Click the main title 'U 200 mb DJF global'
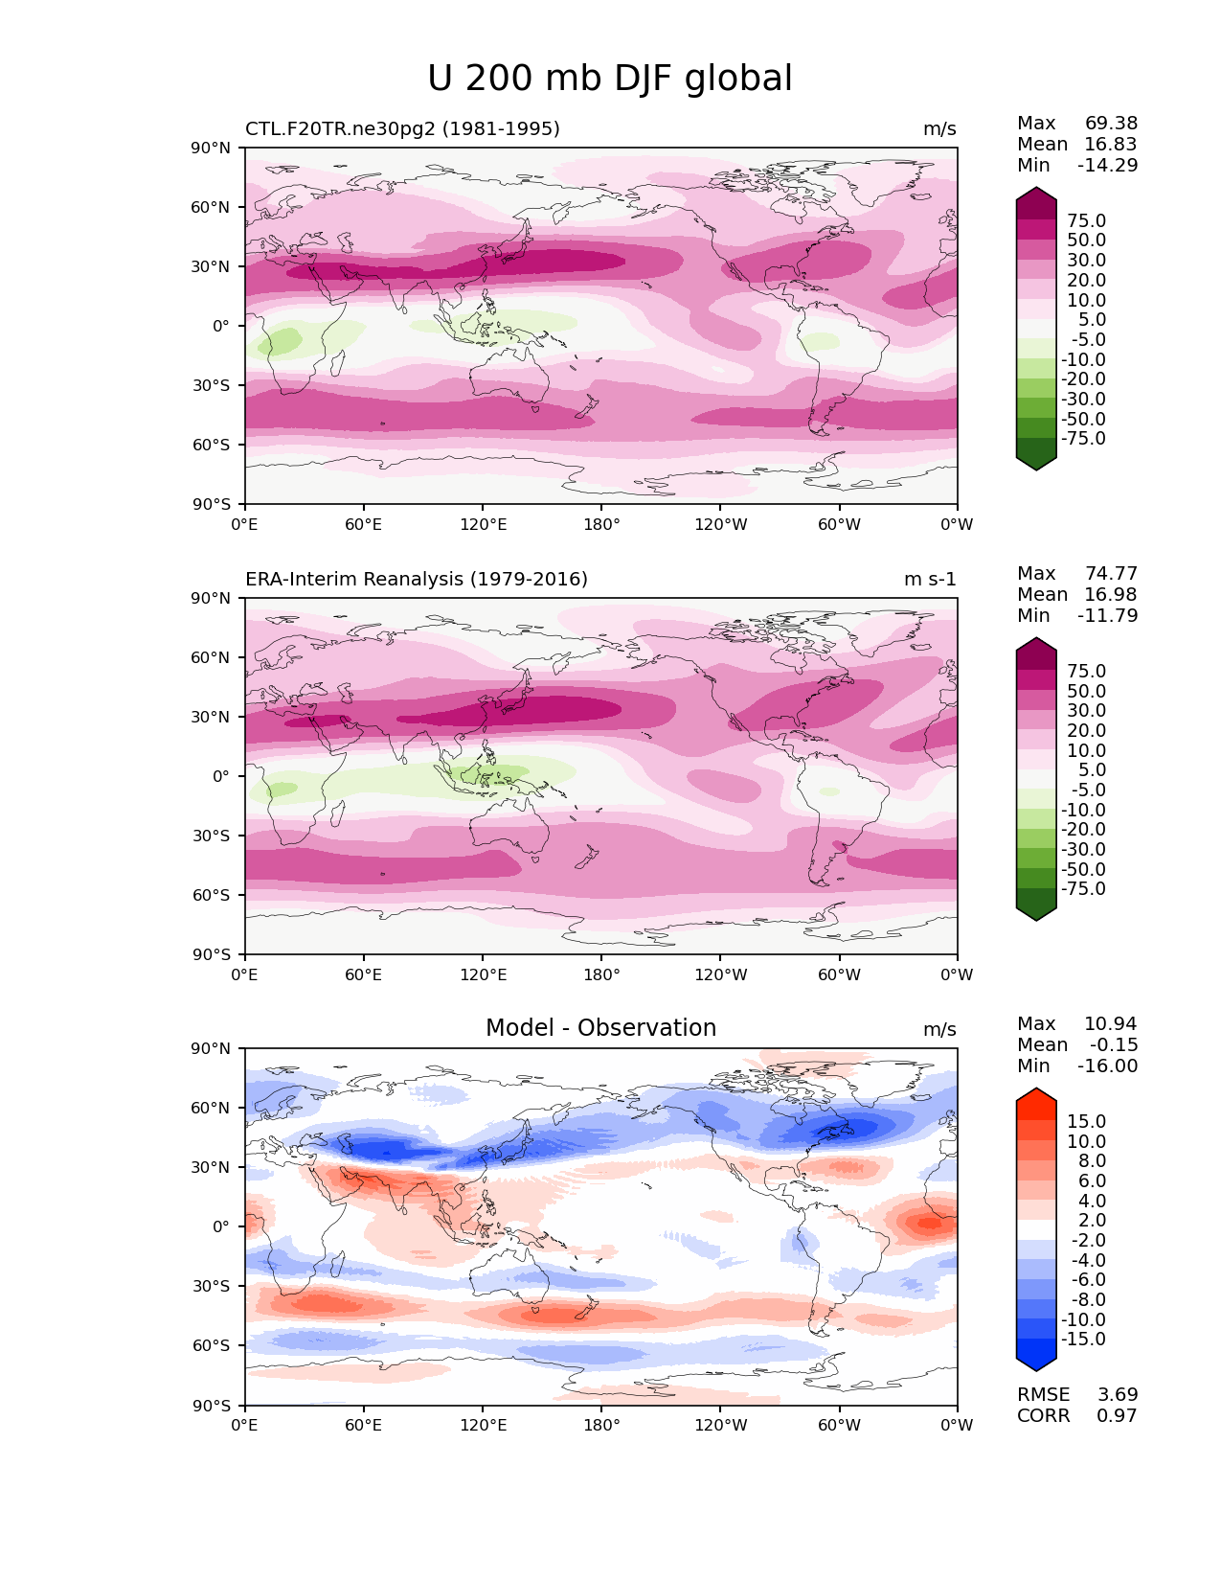[x=609, y=79]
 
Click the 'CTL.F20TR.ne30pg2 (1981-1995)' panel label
[x=402, y=129]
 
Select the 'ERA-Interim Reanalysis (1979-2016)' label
[x=417, y=580]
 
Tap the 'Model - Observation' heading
[x=600, y=1028]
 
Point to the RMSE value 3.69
[x=1117, y=1395]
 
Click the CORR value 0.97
[x=1117, y=1416]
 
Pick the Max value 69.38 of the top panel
[x=1111, y=124]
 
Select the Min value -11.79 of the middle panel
[x=1107, y=616]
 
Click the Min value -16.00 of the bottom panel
[x=1107, y=1066]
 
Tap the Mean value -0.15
[x=1113, y=1045]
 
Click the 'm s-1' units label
[x=930, y=580]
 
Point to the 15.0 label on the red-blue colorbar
[x=1086, y=1122]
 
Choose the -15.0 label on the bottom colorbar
[x=1083, y=1340]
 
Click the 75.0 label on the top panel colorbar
[x=1086, y=221]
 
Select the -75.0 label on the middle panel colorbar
[x=1083, y=889]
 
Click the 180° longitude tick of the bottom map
[x=601, y=1426]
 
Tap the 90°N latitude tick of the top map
[x=212, y=149]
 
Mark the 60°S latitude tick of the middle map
[x=212, y=895]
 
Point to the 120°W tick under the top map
[x=720, y=525]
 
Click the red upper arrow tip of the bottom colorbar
[x=1036, y=1092]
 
